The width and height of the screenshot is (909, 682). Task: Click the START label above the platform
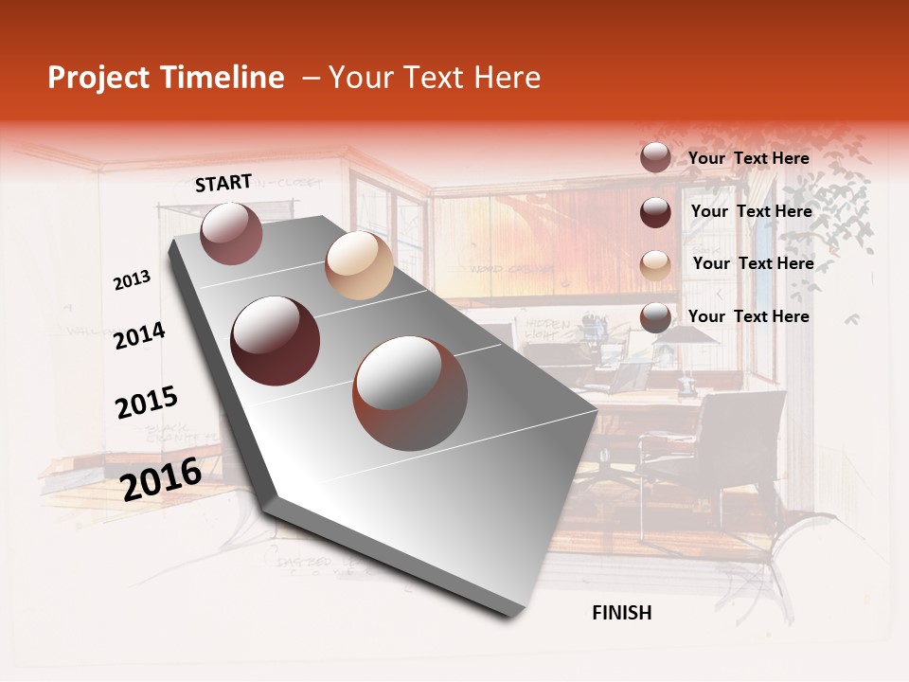(223, 183)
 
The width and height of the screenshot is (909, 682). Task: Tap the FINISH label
(622, 613)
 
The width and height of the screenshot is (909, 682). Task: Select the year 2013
(133, 279)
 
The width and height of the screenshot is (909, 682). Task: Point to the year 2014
(139, 336)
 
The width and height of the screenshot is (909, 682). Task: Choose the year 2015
(147, 403)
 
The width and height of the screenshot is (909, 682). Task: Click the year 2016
(161, 478)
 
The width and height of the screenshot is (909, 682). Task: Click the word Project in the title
(98, 78)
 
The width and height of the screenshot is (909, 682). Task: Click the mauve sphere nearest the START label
(231, 233)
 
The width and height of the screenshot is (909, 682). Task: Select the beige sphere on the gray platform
(359, 265)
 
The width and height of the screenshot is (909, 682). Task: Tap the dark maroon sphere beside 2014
(276, 340)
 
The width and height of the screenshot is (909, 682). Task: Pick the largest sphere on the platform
(410, 392)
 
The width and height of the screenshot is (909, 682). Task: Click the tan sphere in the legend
(655, 264)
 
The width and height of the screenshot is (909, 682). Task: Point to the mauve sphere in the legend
(655, 157)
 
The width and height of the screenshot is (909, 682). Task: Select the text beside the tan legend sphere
(753, 263)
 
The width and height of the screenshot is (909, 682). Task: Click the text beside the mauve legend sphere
(749, 158)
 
